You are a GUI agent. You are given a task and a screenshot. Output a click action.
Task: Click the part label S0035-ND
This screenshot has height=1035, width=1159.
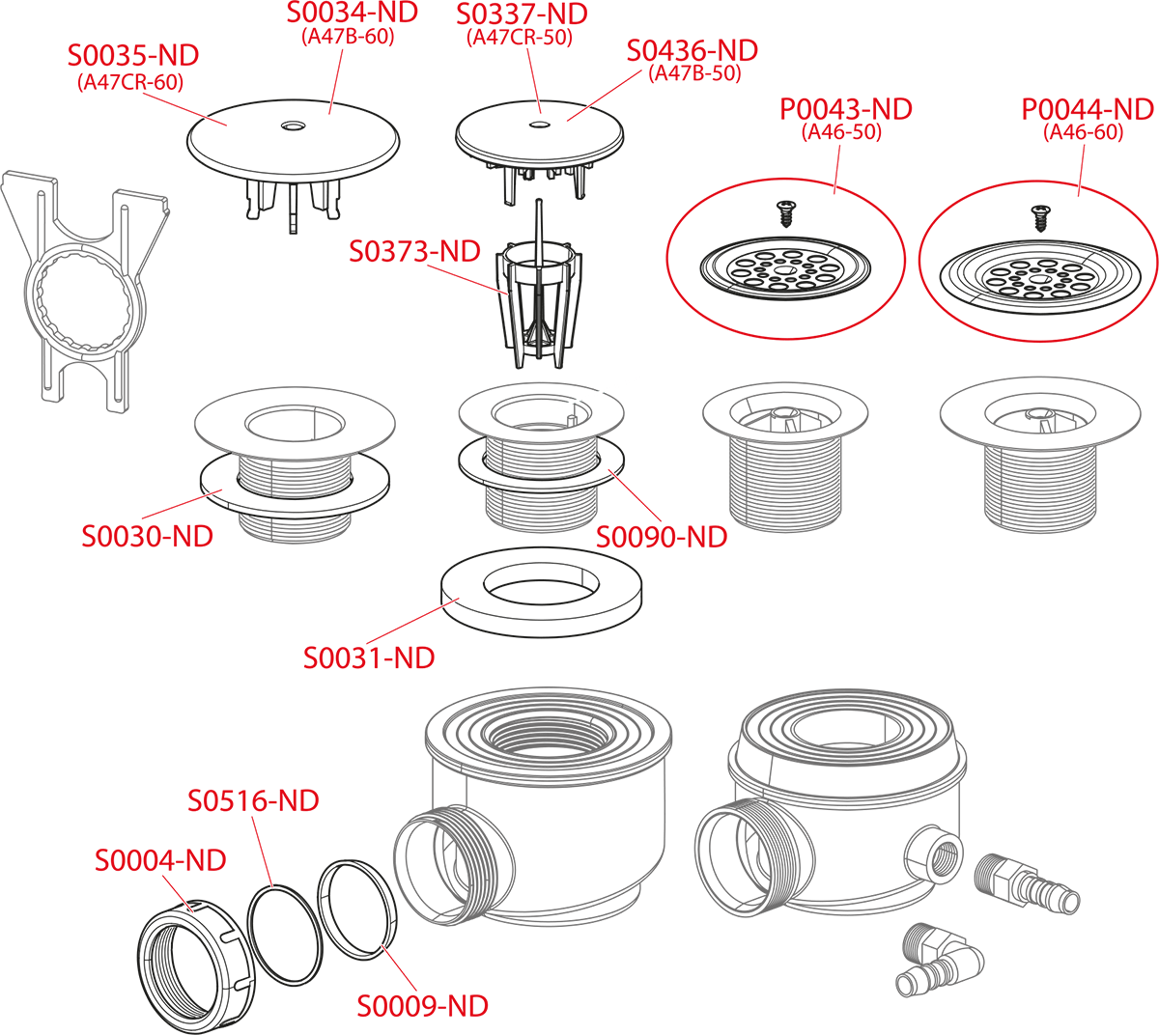coord(133,55)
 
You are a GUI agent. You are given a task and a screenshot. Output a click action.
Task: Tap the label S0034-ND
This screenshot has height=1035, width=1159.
coord(352,13)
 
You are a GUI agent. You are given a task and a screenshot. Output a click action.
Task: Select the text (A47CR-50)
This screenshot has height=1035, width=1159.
coord(520,38)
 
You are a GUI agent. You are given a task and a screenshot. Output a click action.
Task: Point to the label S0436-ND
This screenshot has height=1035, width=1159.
coord(693,51)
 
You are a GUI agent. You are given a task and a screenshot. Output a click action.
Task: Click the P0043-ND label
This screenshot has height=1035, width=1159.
coord(846,109)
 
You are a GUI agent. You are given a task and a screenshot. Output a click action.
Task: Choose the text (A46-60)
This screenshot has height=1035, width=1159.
coord(1084,132)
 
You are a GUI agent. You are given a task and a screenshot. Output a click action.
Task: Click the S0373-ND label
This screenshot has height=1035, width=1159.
coord(414,252)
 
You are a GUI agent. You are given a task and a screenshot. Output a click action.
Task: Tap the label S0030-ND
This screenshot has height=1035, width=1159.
coord(147,537)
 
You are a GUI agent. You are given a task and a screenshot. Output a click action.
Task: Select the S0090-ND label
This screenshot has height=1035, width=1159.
coord(662,537)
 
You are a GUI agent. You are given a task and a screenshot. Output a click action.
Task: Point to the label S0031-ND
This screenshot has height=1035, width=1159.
coord(369,658)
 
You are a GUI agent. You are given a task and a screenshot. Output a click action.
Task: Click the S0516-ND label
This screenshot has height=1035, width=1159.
coord(253,801)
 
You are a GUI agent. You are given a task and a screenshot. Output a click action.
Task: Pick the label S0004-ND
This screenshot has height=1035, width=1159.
coord(160,860)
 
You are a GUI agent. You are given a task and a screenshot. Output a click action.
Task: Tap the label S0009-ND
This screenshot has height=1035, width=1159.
coord(423,1006)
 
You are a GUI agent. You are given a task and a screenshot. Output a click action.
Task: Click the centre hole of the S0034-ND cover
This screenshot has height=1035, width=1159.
coord(293,126)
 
